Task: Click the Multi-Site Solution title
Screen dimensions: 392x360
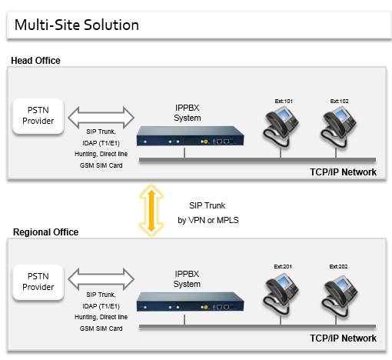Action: click(x=77, y=25)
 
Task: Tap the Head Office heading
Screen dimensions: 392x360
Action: click(x=35, y=61)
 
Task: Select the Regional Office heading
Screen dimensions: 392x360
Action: click(x=45, y=232)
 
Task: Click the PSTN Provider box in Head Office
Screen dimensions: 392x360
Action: click(x=38, y=116)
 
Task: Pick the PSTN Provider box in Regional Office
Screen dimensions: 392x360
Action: click(x=38, y=282)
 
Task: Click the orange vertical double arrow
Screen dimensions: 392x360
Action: click(x=151, y=211)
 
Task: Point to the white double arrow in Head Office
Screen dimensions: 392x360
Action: click(x=101, y=118)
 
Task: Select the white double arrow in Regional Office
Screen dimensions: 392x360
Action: click(x=101, y=279)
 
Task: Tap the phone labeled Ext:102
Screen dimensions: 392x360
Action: click(x=337, y=127)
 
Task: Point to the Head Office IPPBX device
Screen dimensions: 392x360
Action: click(x=190, y=136)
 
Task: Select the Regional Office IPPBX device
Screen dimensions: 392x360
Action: click(x=190, y=302)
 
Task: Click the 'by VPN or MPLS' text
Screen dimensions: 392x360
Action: click(x=208, y=220)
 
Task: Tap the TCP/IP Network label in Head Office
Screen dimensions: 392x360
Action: click(x=343, y=172)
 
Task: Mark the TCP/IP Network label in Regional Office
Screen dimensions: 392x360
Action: click(x=343, y=338)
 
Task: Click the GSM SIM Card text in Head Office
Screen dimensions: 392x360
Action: click(x=101, y=165)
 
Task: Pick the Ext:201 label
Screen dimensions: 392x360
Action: click(x=283, y=267)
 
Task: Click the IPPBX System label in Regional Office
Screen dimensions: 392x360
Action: click(x=187, y=279)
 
